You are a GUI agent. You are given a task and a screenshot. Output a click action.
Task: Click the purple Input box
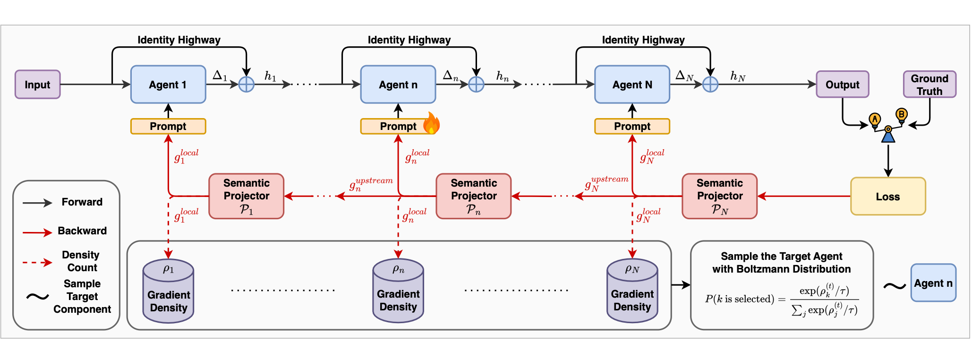(x=38, y=85)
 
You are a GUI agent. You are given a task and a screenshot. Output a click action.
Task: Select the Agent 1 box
(x=168, y=85)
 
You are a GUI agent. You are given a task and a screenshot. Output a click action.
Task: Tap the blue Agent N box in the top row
(x=632, y=85)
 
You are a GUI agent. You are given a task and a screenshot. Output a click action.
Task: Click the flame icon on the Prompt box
(x=431, y=123)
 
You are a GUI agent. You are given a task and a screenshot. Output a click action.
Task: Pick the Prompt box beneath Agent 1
(x=168, y=126)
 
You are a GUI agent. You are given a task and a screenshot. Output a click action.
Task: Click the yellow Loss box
(x=888, y=196)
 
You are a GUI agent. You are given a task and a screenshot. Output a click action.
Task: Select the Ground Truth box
(x=929, y=85)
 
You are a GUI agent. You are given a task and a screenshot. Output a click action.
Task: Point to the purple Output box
(x=843, y=85)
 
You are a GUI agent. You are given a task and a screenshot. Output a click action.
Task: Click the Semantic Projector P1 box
(x=247, y=196)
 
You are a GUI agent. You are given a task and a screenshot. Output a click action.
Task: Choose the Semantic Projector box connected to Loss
(x=720, y=196)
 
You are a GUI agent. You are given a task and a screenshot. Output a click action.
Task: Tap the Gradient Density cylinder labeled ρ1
(x=169, y=291)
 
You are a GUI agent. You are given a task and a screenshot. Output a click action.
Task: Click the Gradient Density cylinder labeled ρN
(x=632, y=291)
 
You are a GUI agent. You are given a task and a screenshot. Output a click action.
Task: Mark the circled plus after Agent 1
(x=247, y=85)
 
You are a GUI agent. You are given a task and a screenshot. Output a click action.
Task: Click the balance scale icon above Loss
(x=888, y=125)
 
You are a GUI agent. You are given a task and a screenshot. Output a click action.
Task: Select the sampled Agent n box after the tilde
(x=933, y=283)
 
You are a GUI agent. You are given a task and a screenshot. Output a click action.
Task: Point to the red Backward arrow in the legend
(x=37, y=232)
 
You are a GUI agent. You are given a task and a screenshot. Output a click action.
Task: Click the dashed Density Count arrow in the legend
(x=37, y=262)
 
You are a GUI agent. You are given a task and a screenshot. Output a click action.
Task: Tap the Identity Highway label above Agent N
(x=643, y=40)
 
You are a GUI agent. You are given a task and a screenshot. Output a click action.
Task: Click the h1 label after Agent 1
(x=271, y=77)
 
